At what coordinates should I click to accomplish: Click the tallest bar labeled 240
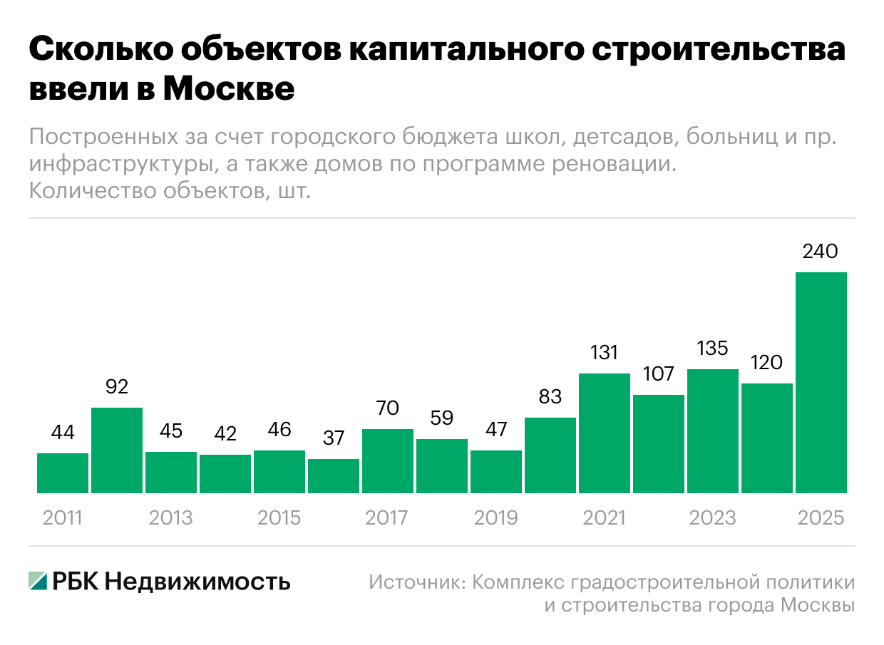click(x=821, y=382)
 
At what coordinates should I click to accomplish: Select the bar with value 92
click(x=117, y=450)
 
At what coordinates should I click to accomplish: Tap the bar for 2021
click(x=605, y=433)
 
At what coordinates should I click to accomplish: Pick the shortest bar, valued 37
click(x=334, y=475)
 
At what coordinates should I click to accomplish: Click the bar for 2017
click(x=388, y=460)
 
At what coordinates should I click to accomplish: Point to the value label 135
click(x=712, y=349)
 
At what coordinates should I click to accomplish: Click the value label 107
click(x=658, y=374)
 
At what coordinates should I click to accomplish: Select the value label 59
click(x=442, y=418)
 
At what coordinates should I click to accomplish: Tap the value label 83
click(x=550, y=396)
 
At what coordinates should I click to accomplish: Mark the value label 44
click(x=63, y=432)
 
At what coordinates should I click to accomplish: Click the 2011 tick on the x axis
click(x=63, y=517)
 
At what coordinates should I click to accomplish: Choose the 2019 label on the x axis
click(x=496, y=517)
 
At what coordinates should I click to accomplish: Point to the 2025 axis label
click(x=821, y=517)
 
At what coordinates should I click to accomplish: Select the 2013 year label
click(x=171, y=517)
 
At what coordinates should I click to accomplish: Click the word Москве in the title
click(x=228, y=89)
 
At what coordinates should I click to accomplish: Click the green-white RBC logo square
click(x=38, y=582)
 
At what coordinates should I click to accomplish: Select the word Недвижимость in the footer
click(x=197, y=582)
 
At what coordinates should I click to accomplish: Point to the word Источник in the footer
click(x=417, y=582)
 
